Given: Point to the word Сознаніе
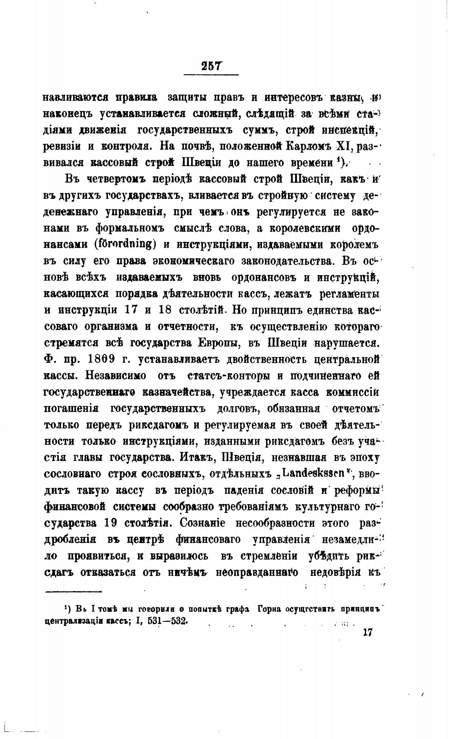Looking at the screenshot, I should (203, 523).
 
